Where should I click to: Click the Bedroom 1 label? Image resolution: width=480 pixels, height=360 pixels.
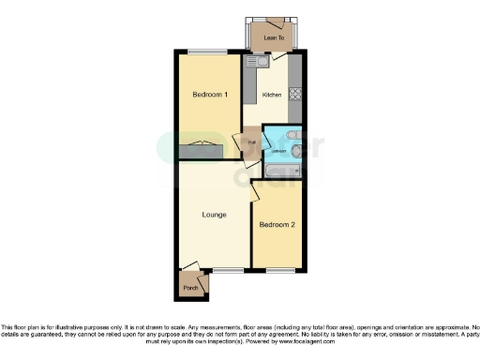[x=211, y=95]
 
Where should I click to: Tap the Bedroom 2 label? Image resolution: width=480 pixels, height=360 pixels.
[x=277, y=225]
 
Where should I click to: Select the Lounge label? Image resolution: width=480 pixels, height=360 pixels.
[x=214, y=215]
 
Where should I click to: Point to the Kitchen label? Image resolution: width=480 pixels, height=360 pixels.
[x=272, y=95]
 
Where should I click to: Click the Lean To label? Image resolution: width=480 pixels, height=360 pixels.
[x=274, y=37]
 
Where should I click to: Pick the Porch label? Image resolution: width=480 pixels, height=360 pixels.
[x=190, y=288]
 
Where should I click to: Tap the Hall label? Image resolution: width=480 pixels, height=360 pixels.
[x=252, y=143]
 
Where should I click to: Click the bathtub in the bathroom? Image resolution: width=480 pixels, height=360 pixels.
[x=281, y=172]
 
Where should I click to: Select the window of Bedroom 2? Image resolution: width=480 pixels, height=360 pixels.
[x=277, y=270]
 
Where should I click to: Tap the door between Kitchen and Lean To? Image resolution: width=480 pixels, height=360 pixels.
[x=277, y=56]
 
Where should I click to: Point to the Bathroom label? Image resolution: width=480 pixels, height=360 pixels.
[x=277, y=150]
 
